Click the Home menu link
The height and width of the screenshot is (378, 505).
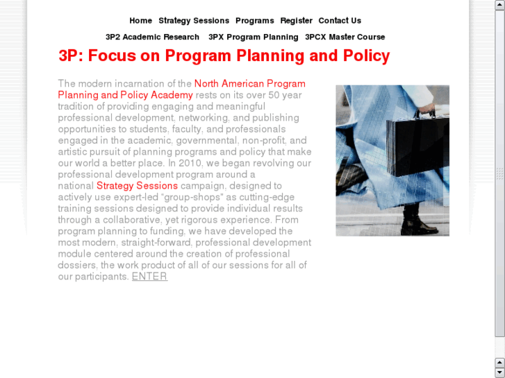140,21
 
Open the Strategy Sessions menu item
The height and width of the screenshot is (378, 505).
194,21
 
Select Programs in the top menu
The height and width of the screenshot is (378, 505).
254,21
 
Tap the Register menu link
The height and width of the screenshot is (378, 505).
296,21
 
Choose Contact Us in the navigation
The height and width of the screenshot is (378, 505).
340,21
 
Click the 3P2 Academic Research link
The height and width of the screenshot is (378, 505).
152,37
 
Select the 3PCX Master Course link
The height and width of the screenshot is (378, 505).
345,37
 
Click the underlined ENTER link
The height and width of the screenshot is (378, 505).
149,276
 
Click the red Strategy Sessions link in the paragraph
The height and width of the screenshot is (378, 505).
137,185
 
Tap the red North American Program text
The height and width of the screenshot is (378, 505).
249,84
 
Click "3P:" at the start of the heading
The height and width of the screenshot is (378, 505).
70,55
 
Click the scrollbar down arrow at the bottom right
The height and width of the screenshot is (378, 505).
499,373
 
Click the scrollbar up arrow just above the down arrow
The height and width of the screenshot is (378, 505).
499,362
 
